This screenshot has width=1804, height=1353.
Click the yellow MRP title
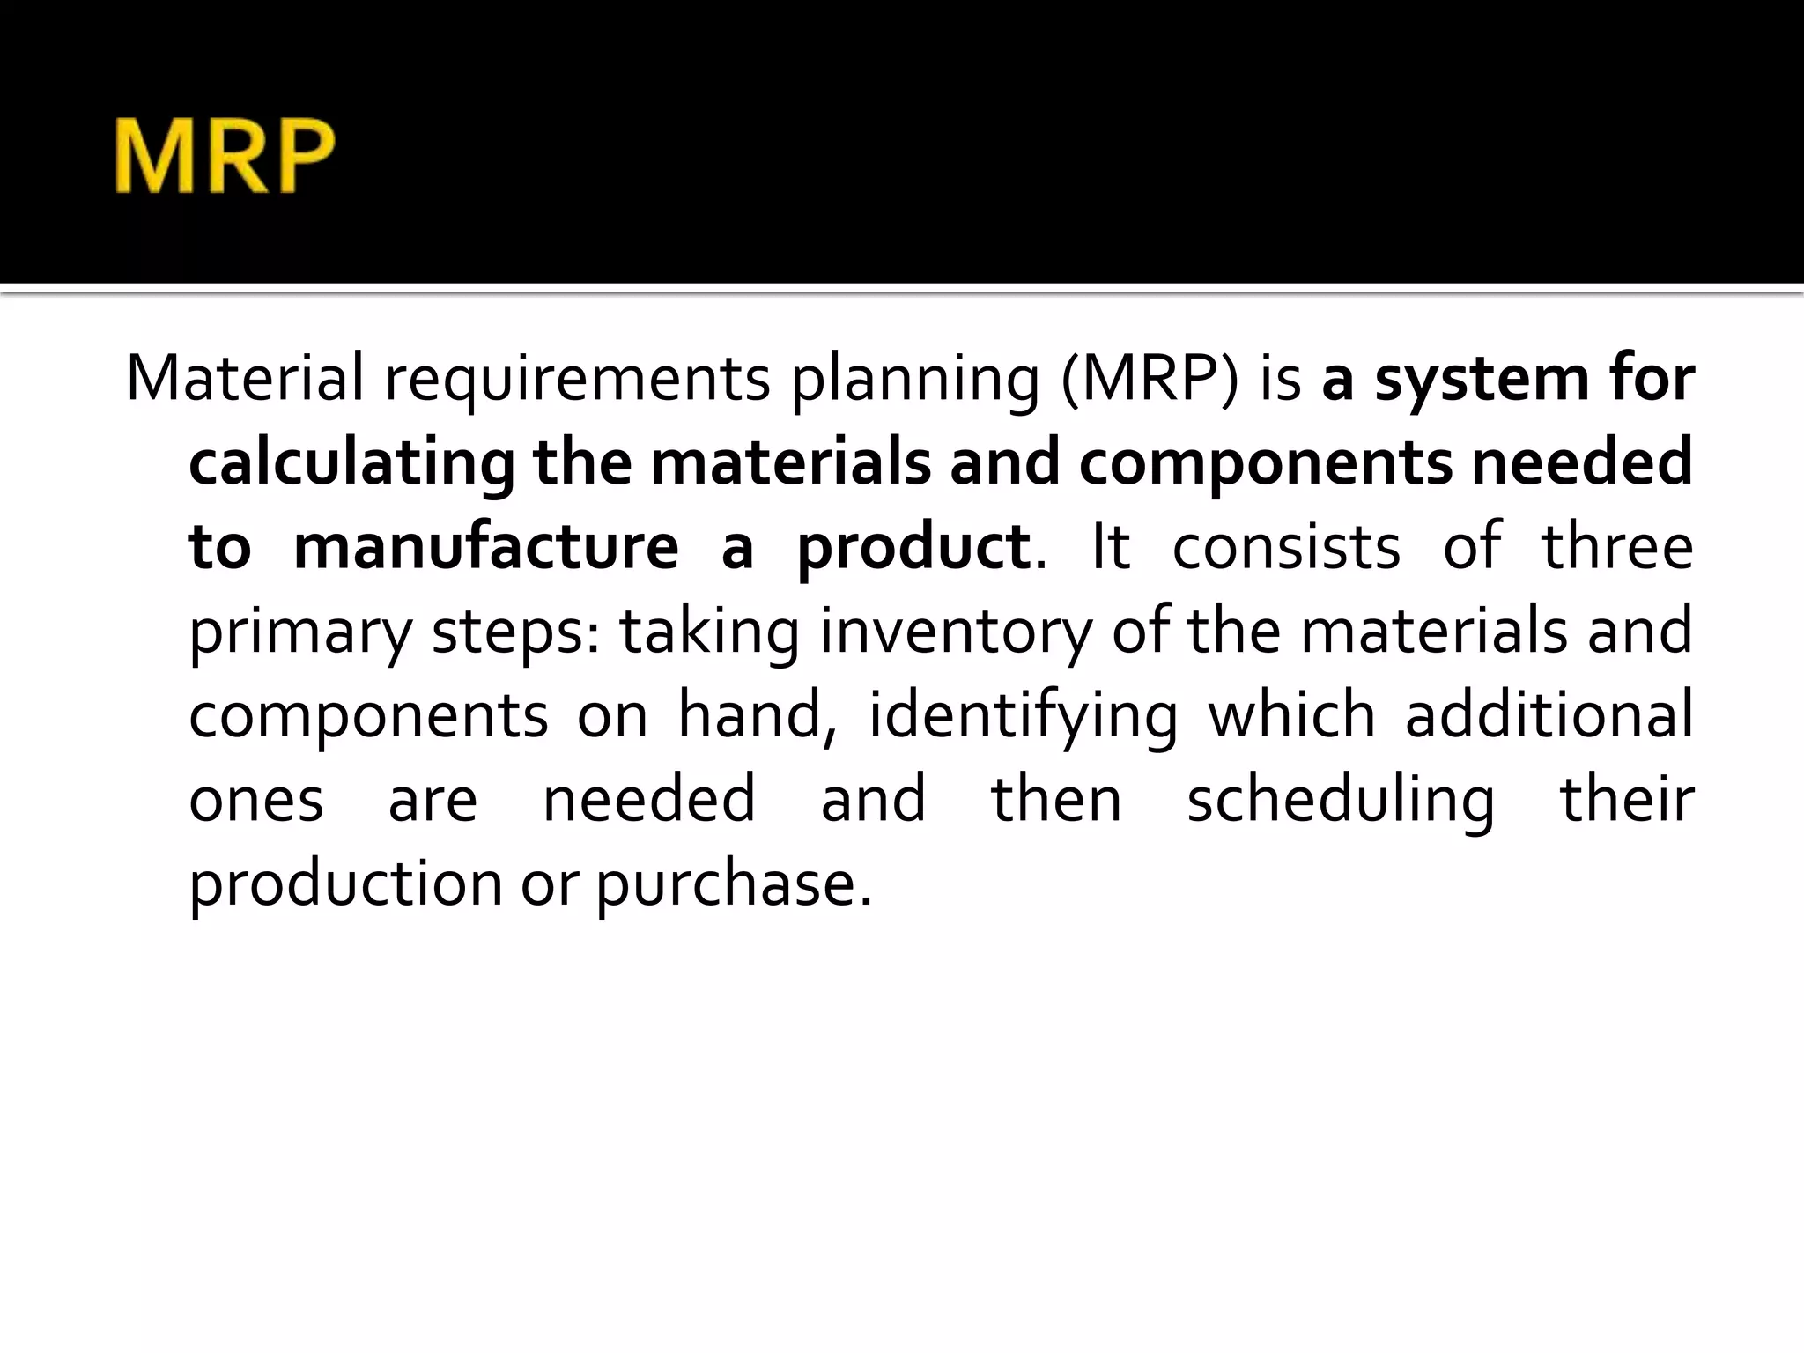click(224, 157)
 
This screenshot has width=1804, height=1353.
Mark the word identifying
click(1023, 716)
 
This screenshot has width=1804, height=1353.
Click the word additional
click(1549, 714)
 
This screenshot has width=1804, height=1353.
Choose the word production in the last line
click(345, 884)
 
